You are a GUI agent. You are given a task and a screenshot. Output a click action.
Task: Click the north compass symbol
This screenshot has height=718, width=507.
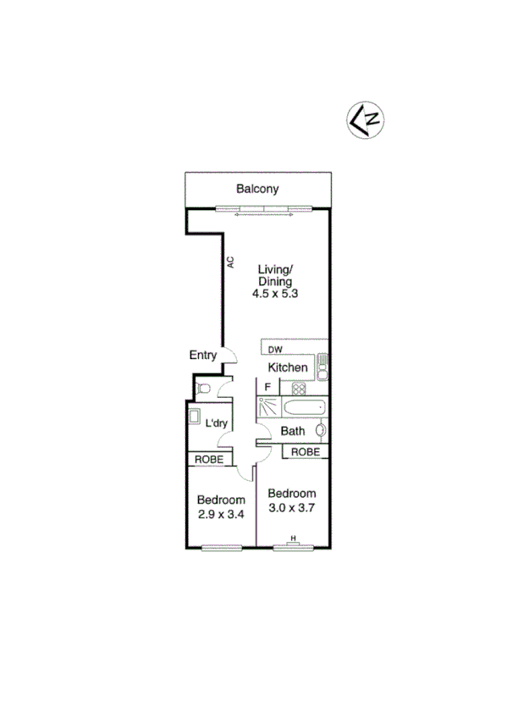point(365,119)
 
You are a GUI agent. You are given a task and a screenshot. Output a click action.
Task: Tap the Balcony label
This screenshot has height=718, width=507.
point(257,190)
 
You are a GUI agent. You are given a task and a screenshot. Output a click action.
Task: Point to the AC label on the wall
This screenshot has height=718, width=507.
point(229,262)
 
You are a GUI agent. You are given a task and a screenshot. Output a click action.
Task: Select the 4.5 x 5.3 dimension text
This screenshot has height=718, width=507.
point(276,294)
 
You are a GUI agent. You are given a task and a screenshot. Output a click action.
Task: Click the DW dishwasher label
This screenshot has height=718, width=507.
point(275,349)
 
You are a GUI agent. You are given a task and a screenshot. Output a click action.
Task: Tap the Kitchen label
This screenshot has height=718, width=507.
point(288,367)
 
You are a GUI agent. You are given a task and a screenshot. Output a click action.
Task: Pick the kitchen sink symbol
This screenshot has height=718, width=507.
point(322,367)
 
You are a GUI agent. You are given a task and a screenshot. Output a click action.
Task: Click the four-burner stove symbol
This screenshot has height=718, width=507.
point(298,389)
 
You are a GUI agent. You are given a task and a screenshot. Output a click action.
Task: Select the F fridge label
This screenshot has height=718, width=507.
point(267,388)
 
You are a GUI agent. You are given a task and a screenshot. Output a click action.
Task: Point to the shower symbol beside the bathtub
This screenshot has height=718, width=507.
point(268,407)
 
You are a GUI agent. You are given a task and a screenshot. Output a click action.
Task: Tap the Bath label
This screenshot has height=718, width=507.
point(293,431)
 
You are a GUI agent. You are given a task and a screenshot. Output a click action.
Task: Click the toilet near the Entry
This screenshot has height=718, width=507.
point(201,388)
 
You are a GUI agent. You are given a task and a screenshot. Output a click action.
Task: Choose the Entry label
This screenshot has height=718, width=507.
point(204,356)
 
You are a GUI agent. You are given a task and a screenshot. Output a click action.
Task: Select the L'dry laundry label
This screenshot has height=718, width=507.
point(219,423)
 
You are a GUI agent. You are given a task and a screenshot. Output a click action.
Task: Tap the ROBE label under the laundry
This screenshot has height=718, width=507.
point(210,459)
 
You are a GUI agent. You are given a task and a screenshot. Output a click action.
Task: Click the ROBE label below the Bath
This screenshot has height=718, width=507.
point(305,452)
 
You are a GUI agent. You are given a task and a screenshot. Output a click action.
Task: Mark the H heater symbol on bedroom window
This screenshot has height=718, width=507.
point(294,538)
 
